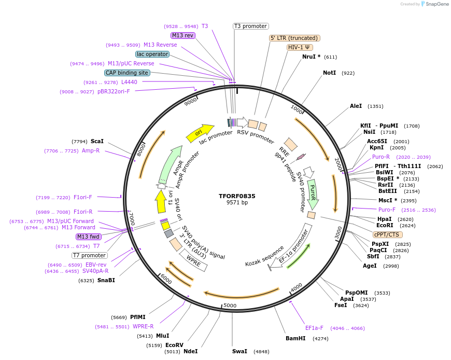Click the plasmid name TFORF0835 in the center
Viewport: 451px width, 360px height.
coord(237,196)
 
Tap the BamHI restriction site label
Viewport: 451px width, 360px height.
coord(295,338)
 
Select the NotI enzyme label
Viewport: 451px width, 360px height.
coord(329,73)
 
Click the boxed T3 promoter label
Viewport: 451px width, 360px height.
coord(250,26)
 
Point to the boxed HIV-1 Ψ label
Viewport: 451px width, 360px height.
coord(299,47)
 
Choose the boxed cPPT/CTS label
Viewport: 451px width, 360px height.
coord(386,234)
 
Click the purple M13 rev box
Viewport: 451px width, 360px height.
coord(183,35)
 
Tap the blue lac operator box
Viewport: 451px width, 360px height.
coord(152,54)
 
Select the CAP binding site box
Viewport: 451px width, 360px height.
coord(127,73)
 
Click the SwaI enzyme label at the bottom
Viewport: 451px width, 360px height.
coord(239,351)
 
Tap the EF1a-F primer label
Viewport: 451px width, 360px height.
coord(314,328)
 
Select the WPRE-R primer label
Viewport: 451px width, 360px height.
coord(143,327)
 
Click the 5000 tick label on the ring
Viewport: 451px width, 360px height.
coord(230,306)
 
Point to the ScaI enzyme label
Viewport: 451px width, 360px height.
coord(97,141)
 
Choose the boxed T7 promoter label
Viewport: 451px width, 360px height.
coord(90,255)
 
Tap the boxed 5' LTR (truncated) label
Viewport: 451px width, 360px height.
coord(294,38)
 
